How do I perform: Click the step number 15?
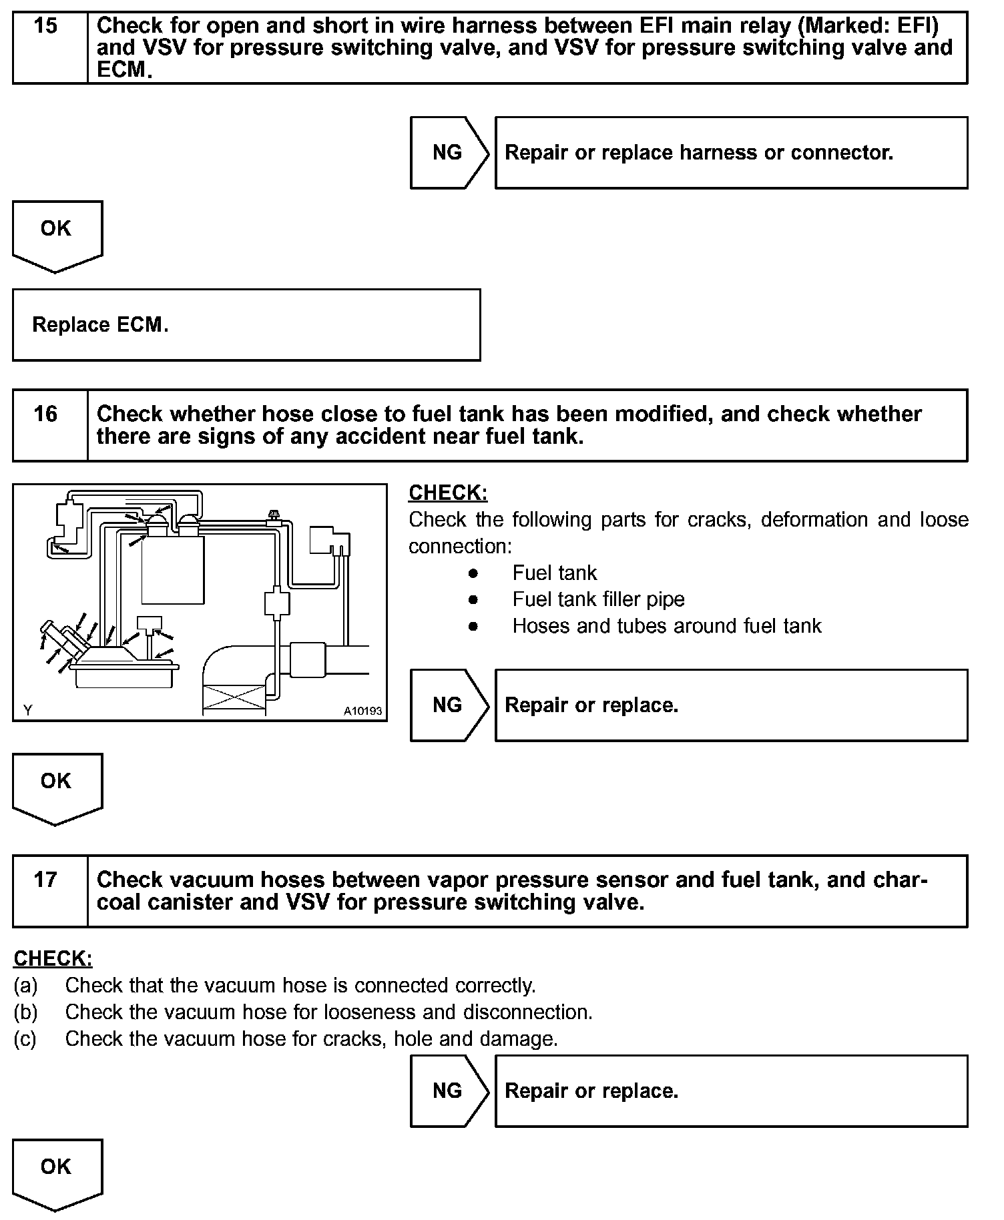click(x=45, y=26)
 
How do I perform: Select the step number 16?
click(x=45, y=414)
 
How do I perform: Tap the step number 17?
click(x=45, y=880)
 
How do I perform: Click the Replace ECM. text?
click(x=100, y=325)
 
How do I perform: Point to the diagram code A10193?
click(x=362, y=711)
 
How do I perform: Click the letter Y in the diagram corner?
click(x=27, y=711)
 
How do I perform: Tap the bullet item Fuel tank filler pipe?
click(x=598, y=599)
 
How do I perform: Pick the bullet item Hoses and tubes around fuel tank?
click(x=666, y=626)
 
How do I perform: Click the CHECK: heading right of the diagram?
click(x=448, y=493)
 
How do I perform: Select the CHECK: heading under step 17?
click(x=53, y=959)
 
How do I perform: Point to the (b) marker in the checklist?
click(x=25, y=1012)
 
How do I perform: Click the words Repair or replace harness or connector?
click(x=698, y=153)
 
